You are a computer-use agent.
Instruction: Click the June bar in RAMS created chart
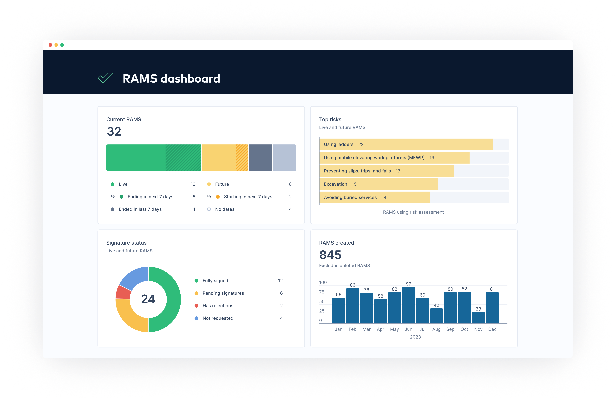(x=408, y=305)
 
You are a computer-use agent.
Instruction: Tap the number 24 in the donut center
(x=148, y=299)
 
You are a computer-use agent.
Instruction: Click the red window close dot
(x=50, y=45)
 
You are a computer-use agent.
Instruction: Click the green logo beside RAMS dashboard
(x=105, y=78)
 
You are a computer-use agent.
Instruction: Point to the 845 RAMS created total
(x=330, y=255)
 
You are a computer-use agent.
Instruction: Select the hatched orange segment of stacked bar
(x=242, y=158)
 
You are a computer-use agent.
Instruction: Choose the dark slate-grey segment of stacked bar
(x=260, y=158)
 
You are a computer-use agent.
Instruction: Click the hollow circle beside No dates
(x=209, y=209)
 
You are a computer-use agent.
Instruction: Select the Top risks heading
(x=330, y=119)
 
